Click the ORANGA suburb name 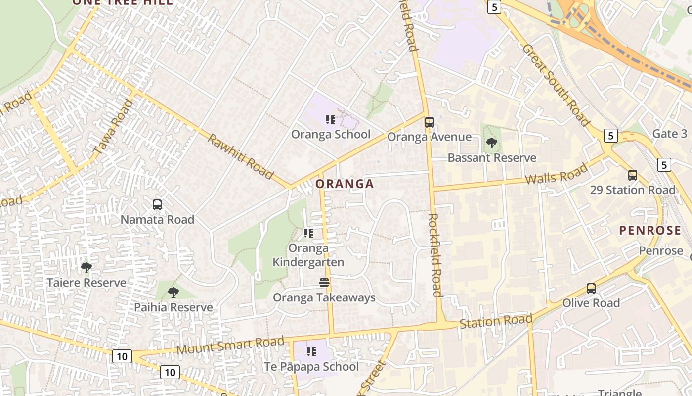click(345, 184)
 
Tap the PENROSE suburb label click(650, 230)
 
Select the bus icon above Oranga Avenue click(429, 122)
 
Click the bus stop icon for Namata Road click(157, 204)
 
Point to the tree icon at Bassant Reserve click(491, 144)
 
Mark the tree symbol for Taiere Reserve click(86, 268)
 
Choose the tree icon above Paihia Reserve click(173, 293)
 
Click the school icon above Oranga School click(331, 119)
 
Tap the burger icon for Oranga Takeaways click(324, 283)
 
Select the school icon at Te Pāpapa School click(311, 352)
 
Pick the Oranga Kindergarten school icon click(308, 233)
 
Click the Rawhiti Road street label click(240, 156)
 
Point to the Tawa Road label click(113, 127)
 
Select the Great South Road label click(556, 85)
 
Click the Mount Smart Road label click(230, 345)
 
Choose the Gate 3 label click(670, 134)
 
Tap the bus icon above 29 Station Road click(632, 175)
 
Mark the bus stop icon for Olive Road click(591, 288)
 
